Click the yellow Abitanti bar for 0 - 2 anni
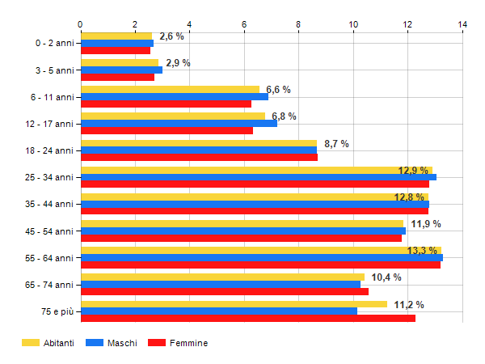coord(116,36)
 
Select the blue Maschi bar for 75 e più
coord(219,311)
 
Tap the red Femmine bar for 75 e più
coord(247,318)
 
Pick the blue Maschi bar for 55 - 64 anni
coord(261,258)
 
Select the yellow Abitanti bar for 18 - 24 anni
coord(199,143)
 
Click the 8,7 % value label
coord(336,143)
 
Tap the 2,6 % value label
coord(171,36)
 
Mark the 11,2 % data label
coord(409,304)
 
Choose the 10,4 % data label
coord(386,277)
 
